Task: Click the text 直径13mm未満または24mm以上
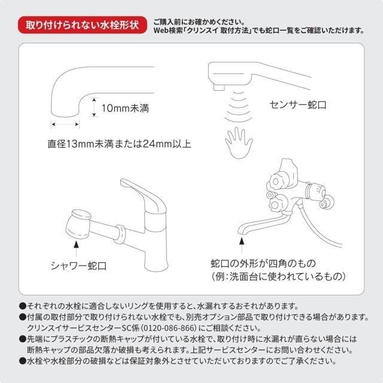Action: point(120,144)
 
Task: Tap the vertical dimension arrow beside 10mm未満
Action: point(94,109)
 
